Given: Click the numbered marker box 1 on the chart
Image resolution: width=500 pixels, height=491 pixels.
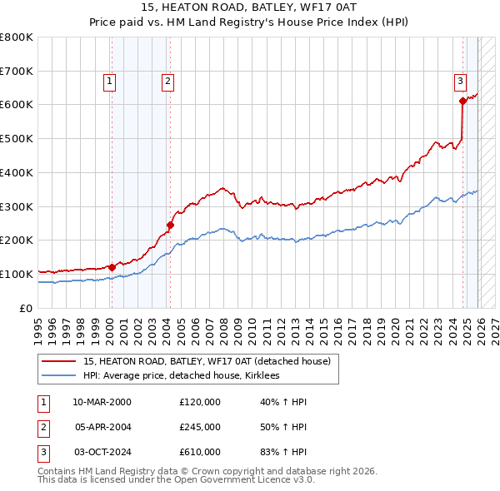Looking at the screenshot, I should pyautogui.click(x=110, y=81).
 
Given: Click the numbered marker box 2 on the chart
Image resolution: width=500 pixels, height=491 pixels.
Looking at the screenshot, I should pyautogui.click(x=167, y=81).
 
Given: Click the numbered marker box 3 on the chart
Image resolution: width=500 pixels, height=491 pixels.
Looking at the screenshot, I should pyautogui.click(x=460, y=81).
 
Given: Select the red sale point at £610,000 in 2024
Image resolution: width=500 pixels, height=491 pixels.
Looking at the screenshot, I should pyautogui.click(x=462, y=101).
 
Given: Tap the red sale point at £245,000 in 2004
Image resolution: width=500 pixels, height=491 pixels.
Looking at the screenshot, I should pyautogui.click(x=170, y=224).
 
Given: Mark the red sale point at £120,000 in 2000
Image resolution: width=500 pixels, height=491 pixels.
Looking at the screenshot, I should pyautogui.click(x=112, y=267).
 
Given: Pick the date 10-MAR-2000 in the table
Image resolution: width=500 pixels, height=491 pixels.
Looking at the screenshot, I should pyautogui.click(x=102, y=402).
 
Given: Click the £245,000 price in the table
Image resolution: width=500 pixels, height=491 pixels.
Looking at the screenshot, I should pyautogui.click(x=199, y=427).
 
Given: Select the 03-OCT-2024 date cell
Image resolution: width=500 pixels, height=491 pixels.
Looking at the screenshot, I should pyautogui.click(x=102, y=452).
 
